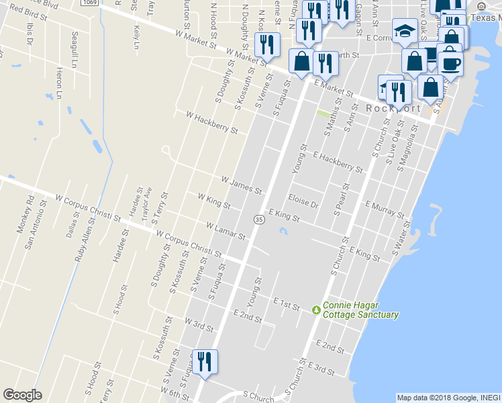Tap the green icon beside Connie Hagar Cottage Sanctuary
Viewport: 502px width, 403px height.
tap(316, 309)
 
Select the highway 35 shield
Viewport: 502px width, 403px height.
tap(258, 220)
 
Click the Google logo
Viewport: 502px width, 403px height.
tap(22, 395)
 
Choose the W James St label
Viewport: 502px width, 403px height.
tap(242, 185)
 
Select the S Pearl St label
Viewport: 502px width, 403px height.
tap(340, 199)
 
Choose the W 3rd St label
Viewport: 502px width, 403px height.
tap(199, 326)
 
